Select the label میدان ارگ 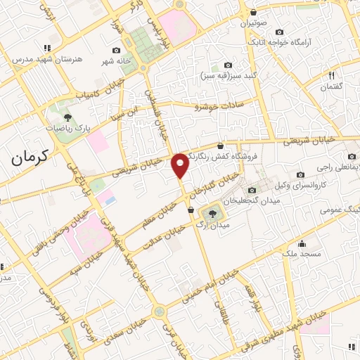pyautogui.click(x=210, y=225)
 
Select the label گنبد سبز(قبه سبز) pyautogui.click(x=227, y=75)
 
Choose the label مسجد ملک pyautogui.click(x=302, y=253)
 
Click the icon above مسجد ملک pyautogui.click(x=302, y=243)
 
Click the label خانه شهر pyautogui.click(x=116, y=61)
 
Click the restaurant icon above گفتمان pyautogui.click(x=331, y=75)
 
